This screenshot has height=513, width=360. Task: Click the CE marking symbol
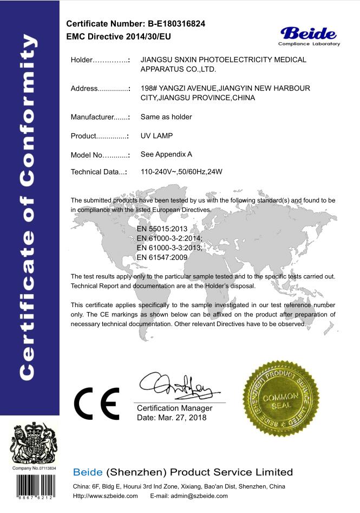pyautogui.click(x=97, y=403)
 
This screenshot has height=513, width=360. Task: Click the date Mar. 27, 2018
pyautogui.click(x=172, y=418)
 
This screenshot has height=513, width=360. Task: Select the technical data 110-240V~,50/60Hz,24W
pyautogui.click(x=181, y=172)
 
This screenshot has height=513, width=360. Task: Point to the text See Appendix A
pyautogui.click(x=166, y=154)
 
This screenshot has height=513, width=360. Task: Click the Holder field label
pyautogui.click(x=82, y=60)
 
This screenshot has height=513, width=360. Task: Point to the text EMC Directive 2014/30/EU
pyautogui.click(x=119, y=36)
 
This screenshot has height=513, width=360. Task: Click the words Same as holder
pyautogui.click(x=166, y=116)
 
